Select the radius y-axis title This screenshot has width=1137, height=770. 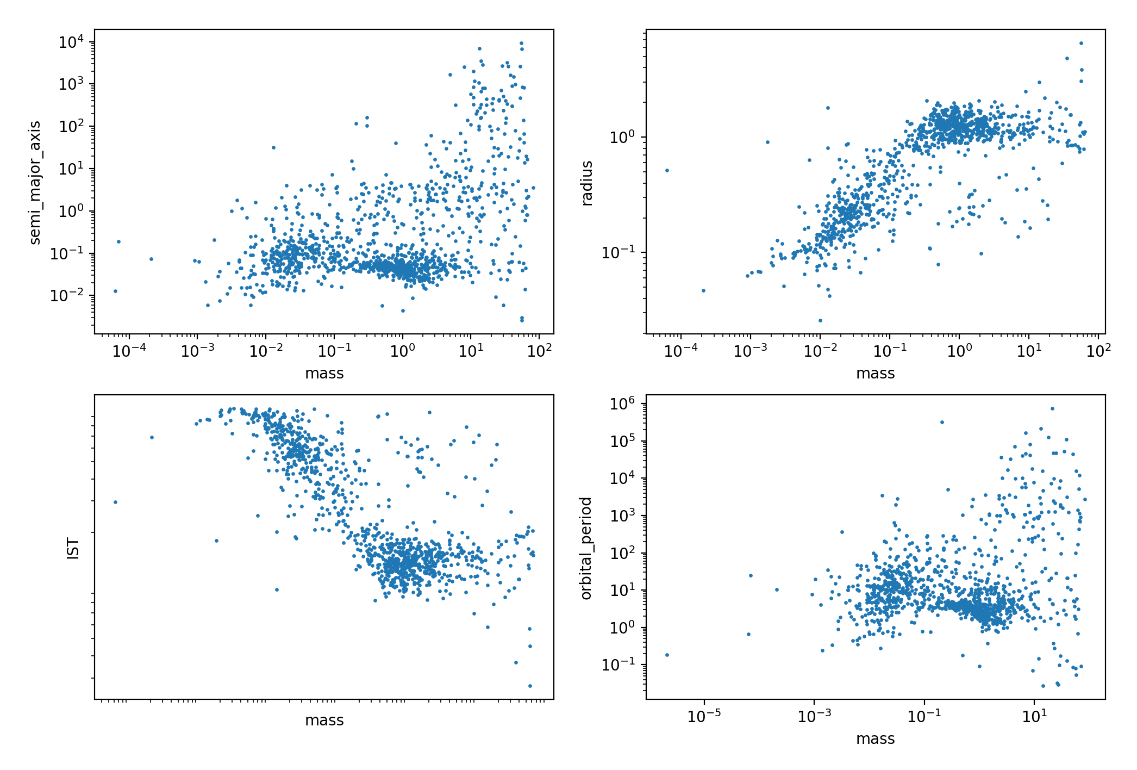586,183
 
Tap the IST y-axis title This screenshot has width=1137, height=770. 73,549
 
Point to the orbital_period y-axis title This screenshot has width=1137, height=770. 586,548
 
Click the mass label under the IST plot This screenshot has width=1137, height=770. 324,721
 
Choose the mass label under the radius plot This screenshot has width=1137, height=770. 875,374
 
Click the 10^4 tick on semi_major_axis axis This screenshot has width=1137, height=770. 71,42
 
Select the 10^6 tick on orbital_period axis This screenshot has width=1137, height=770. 622,404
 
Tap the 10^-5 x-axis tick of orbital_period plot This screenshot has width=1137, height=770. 704,717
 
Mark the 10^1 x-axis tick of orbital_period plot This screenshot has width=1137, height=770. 1034,717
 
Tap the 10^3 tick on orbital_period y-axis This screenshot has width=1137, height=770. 622,516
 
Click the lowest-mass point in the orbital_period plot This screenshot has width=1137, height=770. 667,655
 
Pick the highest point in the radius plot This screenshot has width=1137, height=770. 1081,43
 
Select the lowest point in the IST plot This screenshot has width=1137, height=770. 530,686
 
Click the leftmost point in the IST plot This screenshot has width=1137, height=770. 115,502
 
